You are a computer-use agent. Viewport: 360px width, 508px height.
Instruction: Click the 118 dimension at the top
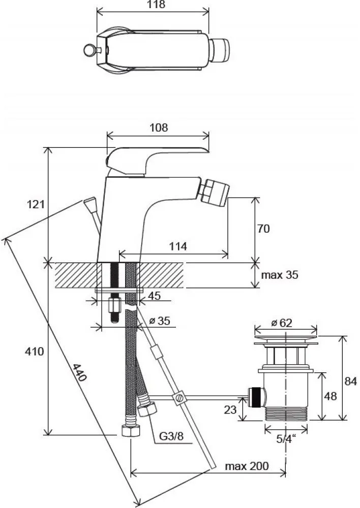point(156,5)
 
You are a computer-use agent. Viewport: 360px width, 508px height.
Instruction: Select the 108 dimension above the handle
point(159,128)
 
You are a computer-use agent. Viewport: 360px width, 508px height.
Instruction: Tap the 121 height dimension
point(35,204)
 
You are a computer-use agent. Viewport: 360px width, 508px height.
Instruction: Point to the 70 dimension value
point(263,229)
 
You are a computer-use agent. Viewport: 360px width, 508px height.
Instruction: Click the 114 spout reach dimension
point(178,246)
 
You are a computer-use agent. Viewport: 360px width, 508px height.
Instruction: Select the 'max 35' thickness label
point(280,275)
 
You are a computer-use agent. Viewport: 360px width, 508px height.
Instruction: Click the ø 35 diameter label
point(160,321)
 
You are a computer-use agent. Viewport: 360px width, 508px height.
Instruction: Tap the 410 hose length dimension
point(35,351)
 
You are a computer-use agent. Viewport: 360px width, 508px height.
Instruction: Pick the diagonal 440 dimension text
point(79,372)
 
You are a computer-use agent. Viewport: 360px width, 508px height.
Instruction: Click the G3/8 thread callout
point(171,436)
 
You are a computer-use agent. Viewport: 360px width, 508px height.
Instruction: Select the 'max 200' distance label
point(247,466)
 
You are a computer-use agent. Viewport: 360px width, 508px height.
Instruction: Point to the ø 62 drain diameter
point(282,323)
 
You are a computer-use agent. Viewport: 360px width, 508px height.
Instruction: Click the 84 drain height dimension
point(350,381)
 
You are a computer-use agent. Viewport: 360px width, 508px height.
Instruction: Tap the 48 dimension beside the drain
point(330,396)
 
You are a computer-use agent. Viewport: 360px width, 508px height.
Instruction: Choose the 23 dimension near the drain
point(230,409)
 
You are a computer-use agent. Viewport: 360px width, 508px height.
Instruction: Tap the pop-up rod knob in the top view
point(89,50)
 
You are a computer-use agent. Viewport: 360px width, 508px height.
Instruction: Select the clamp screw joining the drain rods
point(179,398)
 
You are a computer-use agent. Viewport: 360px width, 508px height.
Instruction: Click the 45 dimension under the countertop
point(154,296)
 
